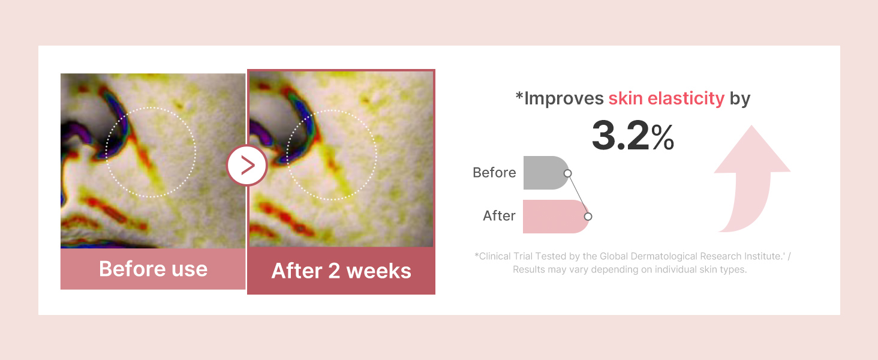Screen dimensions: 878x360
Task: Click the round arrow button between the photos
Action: tap(247, 165)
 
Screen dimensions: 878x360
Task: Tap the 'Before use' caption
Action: tap(154, 269)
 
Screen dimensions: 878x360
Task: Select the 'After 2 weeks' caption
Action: tap(341, 271)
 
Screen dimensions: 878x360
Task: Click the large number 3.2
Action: tap(620, 136)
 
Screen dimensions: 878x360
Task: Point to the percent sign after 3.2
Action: tap(663, 137)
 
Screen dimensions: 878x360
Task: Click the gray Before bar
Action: tap(546, 173)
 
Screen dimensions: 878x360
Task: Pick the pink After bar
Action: tap(556, 217)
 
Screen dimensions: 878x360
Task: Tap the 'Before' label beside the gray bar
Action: tap(494, 173)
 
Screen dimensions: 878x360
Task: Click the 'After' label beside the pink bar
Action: tap(499, 215)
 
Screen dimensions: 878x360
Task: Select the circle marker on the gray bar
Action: tap(567, 173)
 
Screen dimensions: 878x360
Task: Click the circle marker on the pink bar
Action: tap(588, 217)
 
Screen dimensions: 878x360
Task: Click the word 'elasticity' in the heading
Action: tap(686, 98)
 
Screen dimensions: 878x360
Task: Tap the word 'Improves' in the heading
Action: tap(564, 98)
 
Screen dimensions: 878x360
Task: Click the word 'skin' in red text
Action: tap(626, 98)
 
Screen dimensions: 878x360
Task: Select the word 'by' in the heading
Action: tap(739, 99)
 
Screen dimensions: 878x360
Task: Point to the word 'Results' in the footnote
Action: tap(528, 269)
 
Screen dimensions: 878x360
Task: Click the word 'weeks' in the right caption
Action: tap(378, 271)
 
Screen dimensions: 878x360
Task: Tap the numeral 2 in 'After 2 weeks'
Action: tap(334, 271)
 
